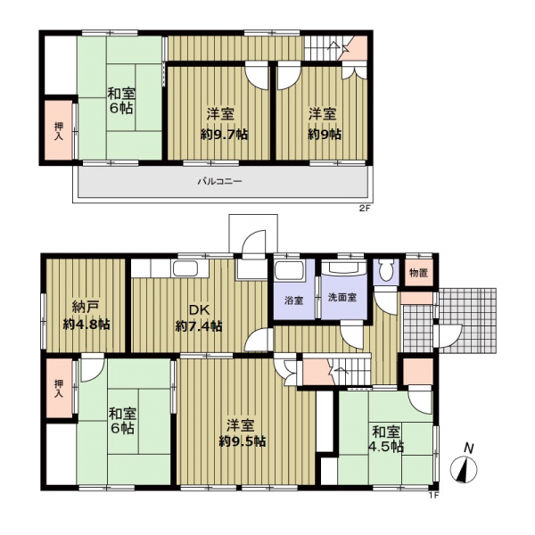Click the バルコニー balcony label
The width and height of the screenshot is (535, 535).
(220, 181)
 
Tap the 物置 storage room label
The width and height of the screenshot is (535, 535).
(419, 273)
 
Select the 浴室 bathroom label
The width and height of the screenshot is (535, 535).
(293, 300)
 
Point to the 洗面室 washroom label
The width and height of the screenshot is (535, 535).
(342, 297)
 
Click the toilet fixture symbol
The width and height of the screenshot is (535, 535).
(386, 271)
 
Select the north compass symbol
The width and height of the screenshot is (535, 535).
(464, 470)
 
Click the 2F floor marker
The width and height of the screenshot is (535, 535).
(365, 210)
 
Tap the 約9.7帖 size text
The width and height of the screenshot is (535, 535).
(224, 135)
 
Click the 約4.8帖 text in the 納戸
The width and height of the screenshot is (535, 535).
(86, 325)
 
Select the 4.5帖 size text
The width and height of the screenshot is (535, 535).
(386, 447)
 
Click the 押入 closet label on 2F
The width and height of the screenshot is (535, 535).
(59, 131)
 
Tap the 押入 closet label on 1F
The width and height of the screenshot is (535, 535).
(59, 388)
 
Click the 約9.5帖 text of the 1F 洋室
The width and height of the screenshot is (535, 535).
(242, 442)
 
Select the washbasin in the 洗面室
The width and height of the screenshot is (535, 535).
(344, 267)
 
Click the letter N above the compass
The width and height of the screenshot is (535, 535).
(469, 449)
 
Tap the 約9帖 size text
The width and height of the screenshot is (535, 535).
(325, 135)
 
